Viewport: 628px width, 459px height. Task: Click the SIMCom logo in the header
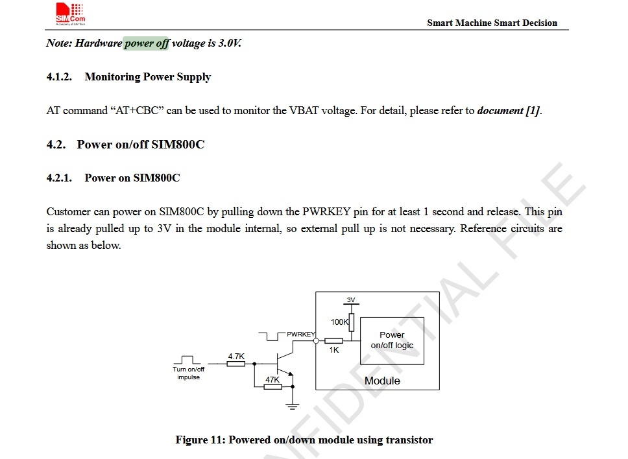pos(71,14)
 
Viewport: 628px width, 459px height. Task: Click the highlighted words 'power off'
pos(146,43)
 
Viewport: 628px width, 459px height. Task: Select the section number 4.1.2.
pos(59,77)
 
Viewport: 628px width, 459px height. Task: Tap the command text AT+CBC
pos(137,110)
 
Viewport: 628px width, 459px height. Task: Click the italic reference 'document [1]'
pos(509,111)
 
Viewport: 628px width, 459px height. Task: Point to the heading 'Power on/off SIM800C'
pos(141,145)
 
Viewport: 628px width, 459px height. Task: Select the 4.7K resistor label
pos(236,356)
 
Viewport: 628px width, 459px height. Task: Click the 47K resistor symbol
pos(272,386)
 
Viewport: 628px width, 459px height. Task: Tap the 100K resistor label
pos(340,322)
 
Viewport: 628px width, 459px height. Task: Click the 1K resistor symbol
pos(333,341)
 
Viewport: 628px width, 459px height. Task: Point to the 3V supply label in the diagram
pos(351,300)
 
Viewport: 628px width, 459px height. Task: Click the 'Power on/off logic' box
pos(392,341)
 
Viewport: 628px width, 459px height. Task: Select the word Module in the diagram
pos(382,381)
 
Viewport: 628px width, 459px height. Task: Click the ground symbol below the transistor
pos(293,406)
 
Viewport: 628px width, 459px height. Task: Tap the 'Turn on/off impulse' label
pos(189,373)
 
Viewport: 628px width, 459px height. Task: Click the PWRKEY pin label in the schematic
pos(301,334)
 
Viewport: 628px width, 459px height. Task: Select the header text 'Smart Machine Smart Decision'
pos(492,23)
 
